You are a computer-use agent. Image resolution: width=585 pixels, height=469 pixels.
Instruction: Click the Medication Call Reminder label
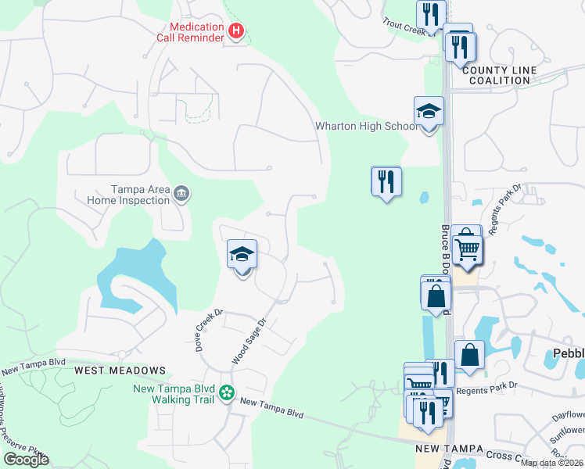196,32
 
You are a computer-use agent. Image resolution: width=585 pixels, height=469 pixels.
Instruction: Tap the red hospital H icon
236,31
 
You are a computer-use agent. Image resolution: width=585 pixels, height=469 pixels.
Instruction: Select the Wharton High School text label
366,126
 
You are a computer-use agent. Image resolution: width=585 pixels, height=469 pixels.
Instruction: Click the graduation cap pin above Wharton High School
429,112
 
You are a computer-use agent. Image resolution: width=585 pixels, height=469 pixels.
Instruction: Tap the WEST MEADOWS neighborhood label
120,370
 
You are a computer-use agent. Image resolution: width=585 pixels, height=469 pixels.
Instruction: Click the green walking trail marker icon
226,392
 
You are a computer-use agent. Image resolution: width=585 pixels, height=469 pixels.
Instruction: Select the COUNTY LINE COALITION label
500,75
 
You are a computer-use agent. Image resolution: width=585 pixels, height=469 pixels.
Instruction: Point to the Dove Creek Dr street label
209,330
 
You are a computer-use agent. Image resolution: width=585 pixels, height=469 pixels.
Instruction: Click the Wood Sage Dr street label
249,341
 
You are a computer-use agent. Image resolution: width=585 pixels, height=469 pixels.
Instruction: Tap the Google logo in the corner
26,460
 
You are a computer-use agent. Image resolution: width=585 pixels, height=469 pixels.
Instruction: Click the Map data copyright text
551,463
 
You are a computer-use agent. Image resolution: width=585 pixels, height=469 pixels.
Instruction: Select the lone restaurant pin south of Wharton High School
386,182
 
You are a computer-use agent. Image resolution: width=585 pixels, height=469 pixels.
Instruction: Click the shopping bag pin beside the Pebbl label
469,355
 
